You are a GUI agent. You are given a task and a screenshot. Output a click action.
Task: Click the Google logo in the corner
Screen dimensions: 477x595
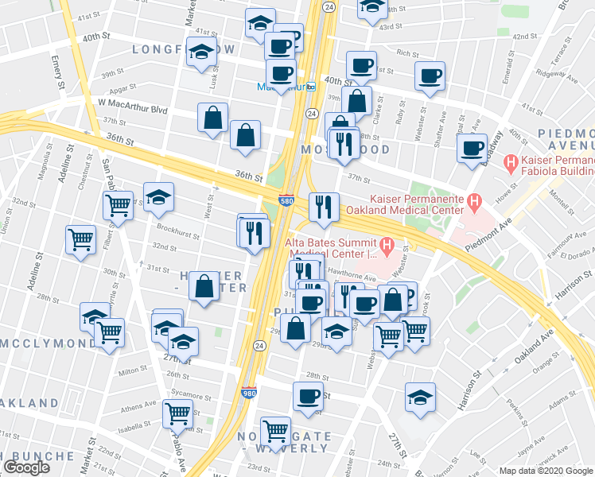[x=26, y=467]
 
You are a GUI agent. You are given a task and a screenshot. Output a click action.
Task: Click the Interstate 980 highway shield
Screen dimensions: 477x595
[x=248, y=393]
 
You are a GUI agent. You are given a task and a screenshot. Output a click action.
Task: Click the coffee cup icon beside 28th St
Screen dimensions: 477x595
[x=309, y=396]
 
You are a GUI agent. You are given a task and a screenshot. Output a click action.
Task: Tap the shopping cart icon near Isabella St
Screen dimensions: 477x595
[x=177, y=413]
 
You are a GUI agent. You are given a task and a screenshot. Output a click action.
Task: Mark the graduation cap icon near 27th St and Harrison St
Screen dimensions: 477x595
[x=421, y=396]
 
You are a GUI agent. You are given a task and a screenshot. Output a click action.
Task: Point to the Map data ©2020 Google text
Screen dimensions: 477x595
[x=546, y=471]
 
